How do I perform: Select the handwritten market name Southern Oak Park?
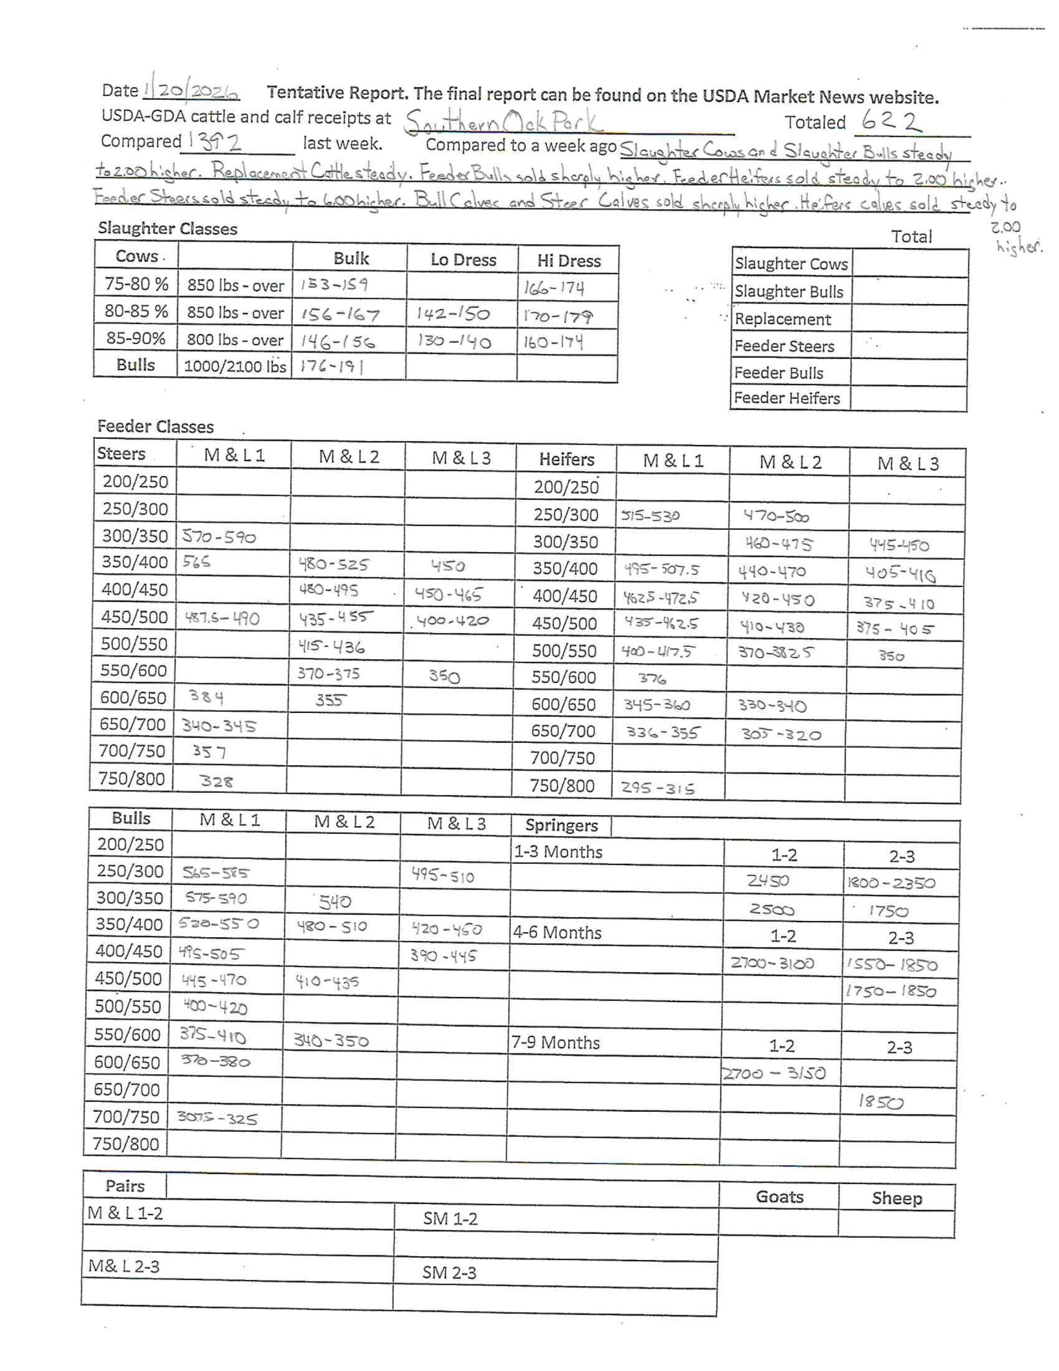click(502, 122)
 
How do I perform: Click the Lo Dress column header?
click(463, 260)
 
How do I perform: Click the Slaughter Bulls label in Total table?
click(789, 292)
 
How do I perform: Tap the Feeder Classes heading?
click(155, 427)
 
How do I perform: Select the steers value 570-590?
click(219, 537)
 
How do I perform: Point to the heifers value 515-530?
click(650, 516)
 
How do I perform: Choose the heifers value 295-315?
click(658, 788)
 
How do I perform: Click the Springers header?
click(561, 825)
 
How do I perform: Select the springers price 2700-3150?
click(774, 1074)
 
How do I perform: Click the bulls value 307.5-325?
click(217, 1119)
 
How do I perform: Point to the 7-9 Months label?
click(556, 1043)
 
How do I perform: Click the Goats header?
click(779, 1196)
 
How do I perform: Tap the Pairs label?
click(125, 1186)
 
